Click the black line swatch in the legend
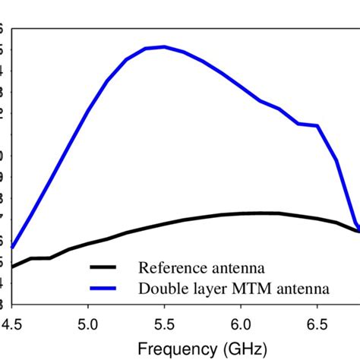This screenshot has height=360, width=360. [x=106, y=267]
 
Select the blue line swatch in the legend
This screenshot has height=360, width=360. [x=106, y=288]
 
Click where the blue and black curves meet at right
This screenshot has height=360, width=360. [x=357, y=229]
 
